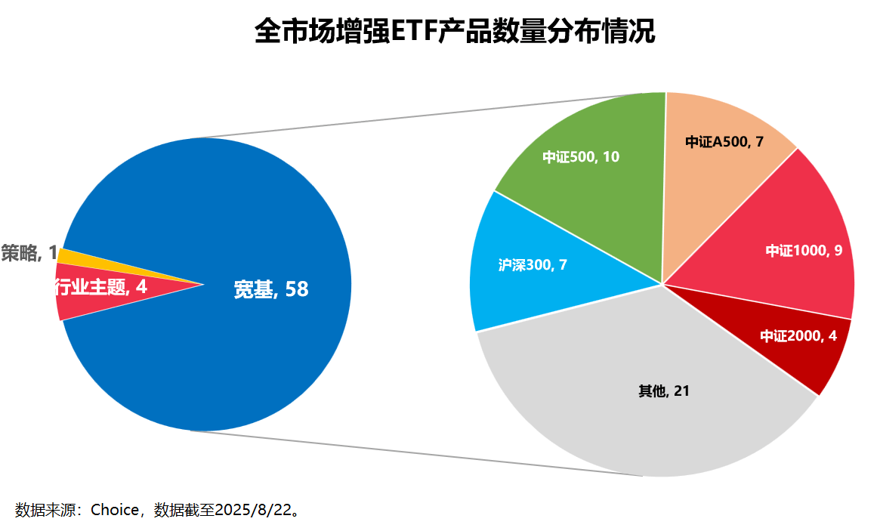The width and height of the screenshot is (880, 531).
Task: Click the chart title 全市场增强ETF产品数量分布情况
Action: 455,32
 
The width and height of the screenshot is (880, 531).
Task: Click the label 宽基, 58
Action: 271,289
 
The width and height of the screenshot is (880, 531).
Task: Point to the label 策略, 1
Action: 29,253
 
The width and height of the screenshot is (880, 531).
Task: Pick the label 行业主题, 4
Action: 100,287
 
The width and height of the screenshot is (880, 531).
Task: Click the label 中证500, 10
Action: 581,157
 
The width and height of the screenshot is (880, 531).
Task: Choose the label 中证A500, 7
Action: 724,142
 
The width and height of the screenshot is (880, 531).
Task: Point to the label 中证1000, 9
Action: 804,251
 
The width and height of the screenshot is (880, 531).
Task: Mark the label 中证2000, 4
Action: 798,336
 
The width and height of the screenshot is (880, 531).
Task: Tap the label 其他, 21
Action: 664,391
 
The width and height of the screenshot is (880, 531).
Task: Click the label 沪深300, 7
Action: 533,266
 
